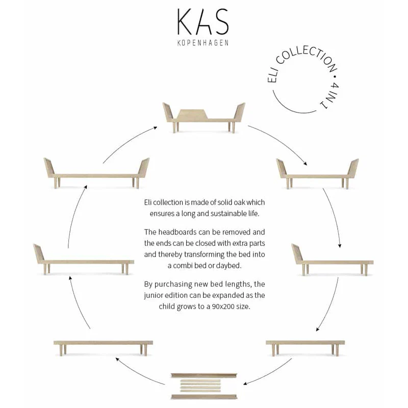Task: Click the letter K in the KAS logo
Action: [186, 21]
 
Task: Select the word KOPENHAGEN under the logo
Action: [203, 43]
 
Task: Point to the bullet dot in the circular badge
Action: [335, 76]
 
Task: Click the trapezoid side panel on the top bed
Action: [193, 114]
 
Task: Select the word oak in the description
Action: [236, 202]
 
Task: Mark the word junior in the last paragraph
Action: [152, 296]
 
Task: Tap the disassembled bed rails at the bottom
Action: [204, 387]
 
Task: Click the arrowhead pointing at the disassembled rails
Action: [245, 384]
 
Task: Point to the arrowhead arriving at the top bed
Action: [156, 127]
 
